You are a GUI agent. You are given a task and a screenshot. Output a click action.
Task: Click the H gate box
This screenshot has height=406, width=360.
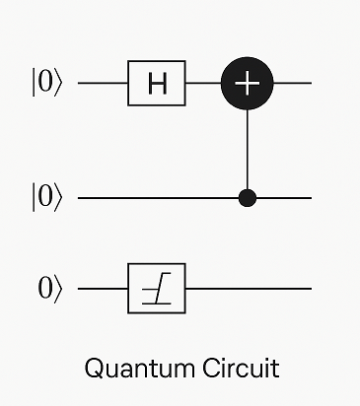157,83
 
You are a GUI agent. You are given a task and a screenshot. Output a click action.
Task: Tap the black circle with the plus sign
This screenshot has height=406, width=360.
248,83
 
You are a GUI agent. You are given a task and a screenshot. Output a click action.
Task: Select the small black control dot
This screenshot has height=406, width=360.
248,198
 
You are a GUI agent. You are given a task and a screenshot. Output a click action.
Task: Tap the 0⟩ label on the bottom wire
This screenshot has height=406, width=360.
50,289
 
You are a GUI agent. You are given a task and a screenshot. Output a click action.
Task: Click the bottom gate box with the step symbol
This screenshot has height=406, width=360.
157,289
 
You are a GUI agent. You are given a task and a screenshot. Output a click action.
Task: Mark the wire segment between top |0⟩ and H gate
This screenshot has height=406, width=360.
103,83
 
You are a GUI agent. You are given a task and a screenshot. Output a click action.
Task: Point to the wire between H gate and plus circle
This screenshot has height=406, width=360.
204,83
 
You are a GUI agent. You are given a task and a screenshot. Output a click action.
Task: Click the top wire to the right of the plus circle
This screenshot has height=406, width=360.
294,83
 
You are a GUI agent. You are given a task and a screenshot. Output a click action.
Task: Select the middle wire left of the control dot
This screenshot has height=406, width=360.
158,198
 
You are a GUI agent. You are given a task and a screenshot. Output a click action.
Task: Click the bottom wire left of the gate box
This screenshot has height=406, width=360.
103,289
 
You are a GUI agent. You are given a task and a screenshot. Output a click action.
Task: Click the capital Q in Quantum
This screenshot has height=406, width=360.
95,369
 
